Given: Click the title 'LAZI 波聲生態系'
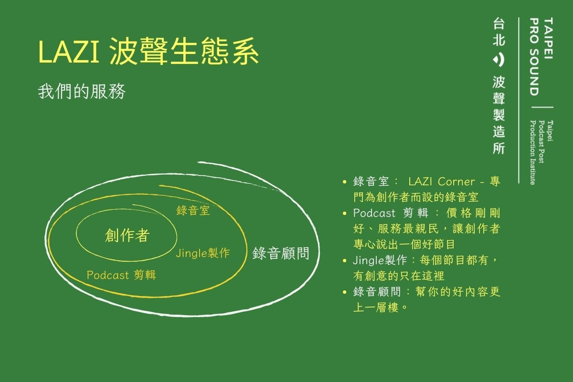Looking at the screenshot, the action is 149,51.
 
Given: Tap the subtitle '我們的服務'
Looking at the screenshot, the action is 82,91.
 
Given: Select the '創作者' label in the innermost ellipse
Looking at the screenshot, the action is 127,235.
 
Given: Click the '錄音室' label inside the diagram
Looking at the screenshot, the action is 193,211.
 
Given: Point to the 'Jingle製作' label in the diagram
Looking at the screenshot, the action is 203,253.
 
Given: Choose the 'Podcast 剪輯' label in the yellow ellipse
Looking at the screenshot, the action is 121,275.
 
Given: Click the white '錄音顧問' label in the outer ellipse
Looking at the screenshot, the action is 281,253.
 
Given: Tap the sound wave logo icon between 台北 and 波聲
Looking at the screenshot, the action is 499,60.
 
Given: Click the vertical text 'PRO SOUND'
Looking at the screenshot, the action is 535,56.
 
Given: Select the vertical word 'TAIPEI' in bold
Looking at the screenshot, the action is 548,38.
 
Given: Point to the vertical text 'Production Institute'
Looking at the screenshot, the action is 532,152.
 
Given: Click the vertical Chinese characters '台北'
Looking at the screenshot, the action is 499,32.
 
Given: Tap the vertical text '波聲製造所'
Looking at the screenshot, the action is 499,115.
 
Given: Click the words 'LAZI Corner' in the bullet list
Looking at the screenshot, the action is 442,181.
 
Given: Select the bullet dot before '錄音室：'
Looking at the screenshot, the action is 345,182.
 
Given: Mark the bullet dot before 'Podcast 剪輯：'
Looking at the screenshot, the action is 345,213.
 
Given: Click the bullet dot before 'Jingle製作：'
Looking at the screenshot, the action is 345,261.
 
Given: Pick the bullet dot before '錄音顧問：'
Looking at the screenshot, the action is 345,292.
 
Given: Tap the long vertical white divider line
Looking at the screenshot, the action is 519,100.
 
